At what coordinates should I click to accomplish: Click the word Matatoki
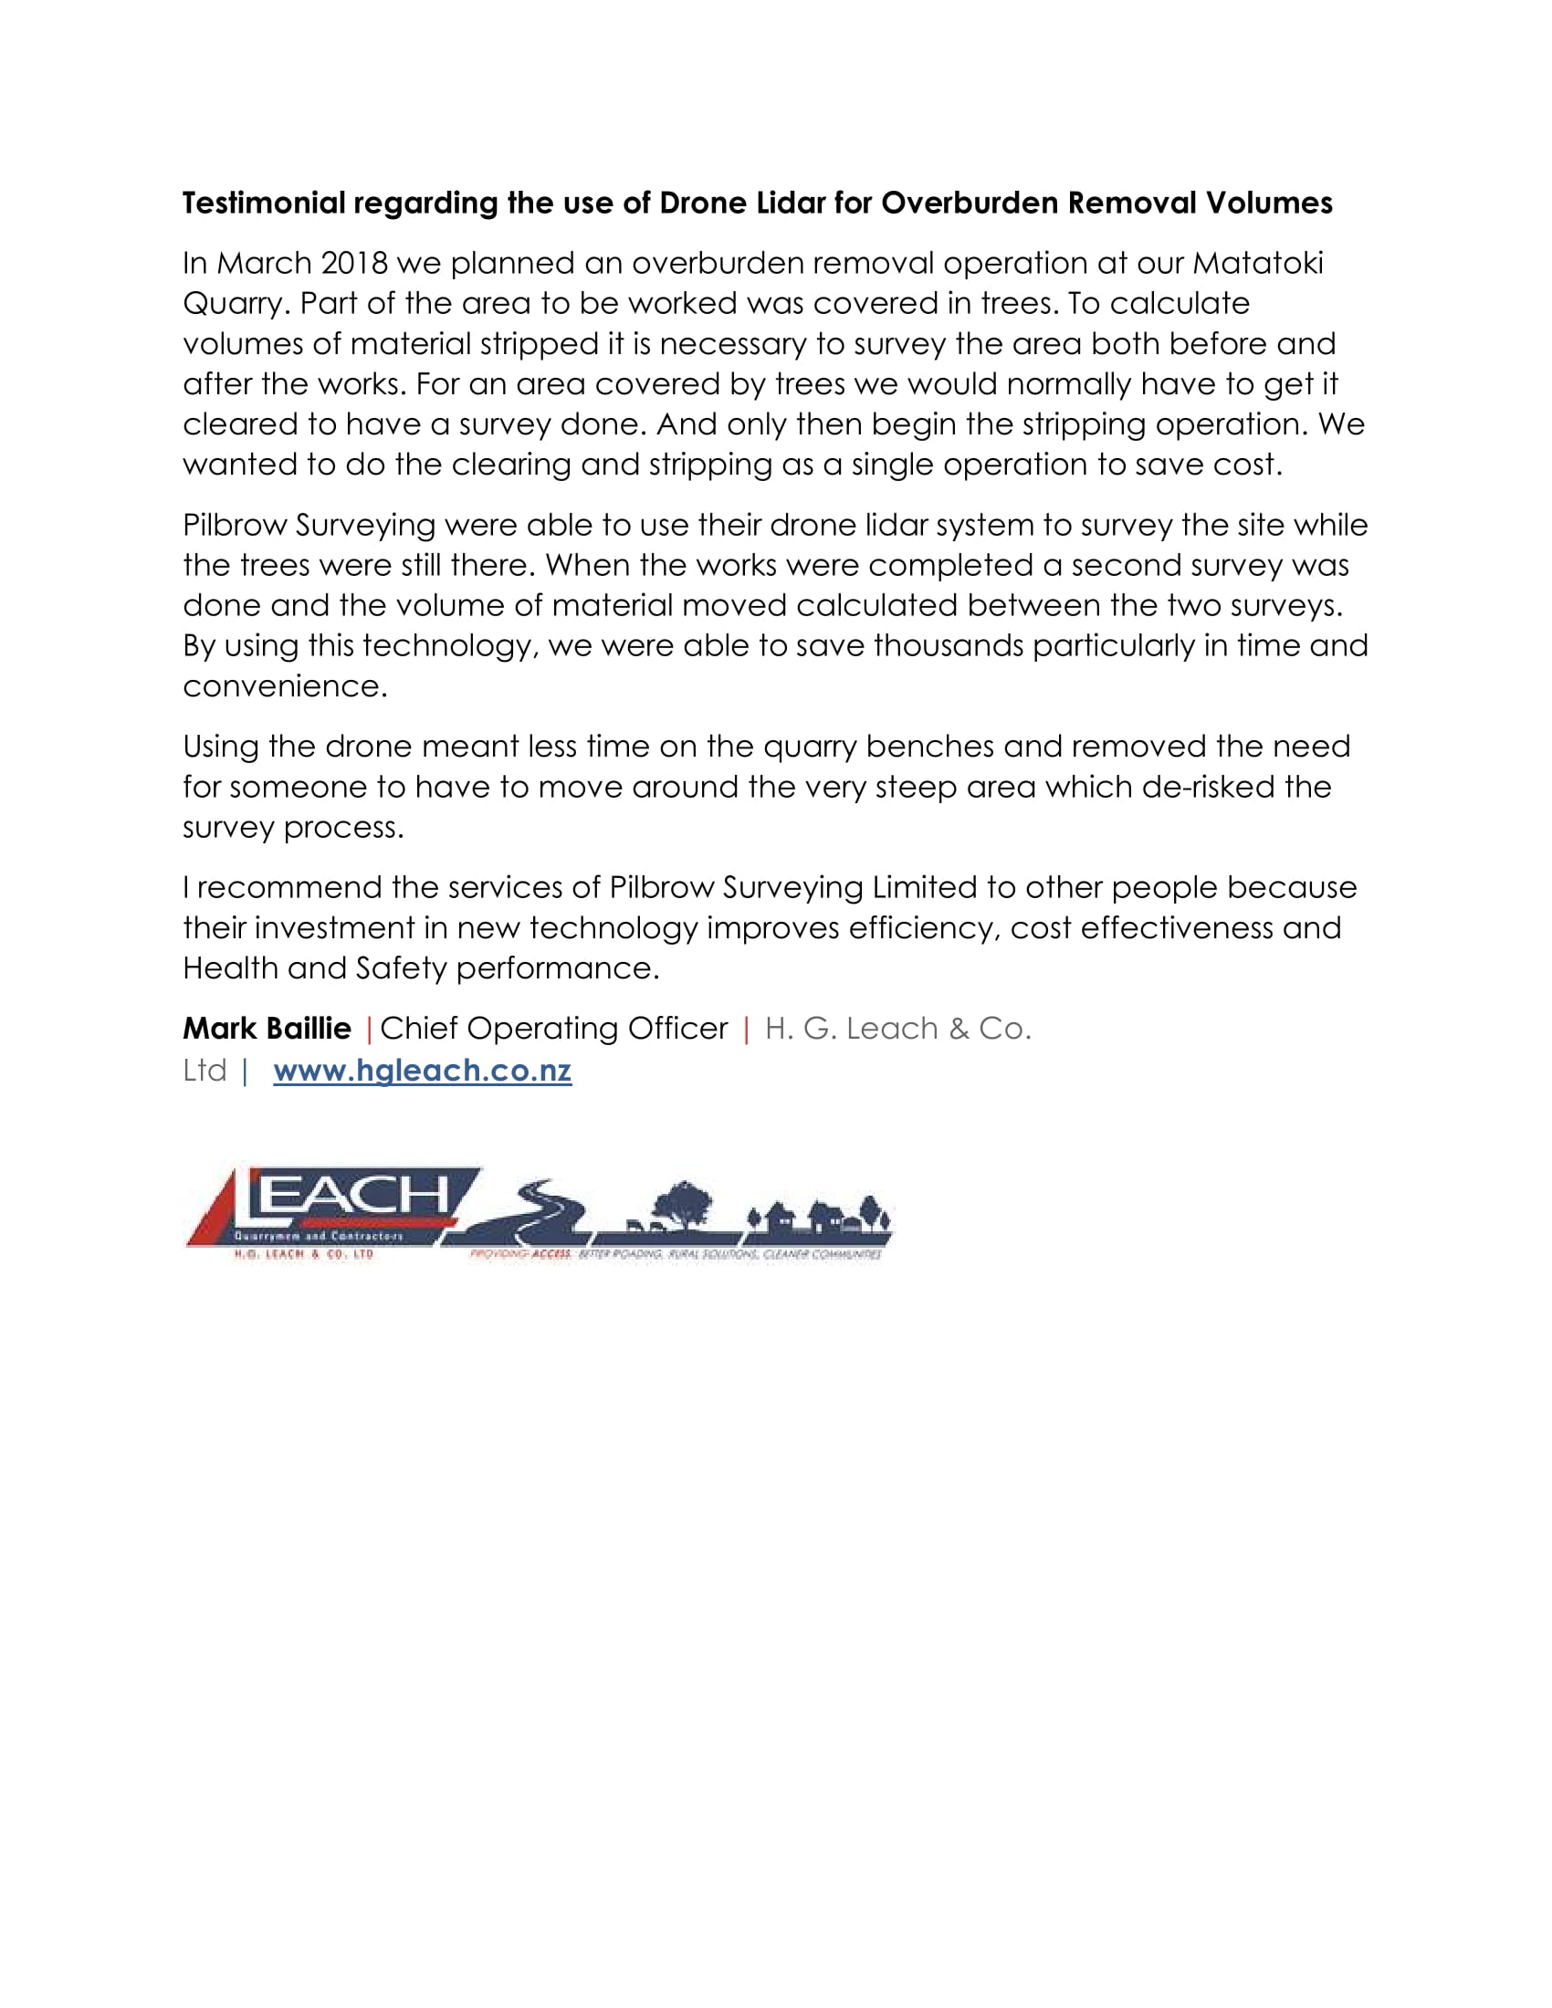pyautogui.click(x=1258, y=263)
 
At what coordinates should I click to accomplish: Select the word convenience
pyautogui.click(x=284, y=685)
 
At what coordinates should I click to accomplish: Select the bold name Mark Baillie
pyautogui.click(x=267, y=1028)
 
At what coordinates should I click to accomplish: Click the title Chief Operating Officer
pyautogui.click(x=553, y=1028)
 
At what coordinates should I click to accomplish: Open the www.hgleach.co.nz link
pyautogui.click(x=422, y=1071)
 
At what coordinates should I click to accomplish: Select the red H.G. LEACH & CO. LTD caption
pyautogui.click(x=303, y=1254)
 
